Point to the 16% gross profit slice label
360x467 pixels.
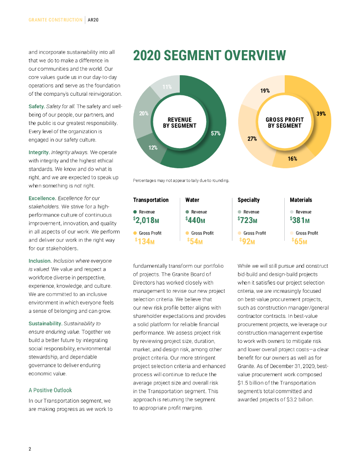pos(292,159)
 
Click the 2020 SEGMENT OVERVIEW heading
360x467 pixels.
pos(209,56)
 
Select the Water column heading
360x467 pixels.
pos(192,200)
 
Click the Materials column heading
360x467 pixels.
pos(301,200)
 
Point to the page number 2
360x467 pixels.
pos(30,449)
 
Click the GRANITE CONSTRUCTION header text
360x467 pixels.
pos(55,20)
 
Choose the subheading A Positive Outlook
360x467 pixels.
pos(50,390)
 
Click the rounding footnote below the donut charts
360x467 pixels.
pos(181,181)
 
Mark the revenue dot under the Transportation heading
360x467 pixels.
pos(135,212)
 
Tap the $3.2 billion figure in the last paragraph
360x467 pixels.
pos(299,400)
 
